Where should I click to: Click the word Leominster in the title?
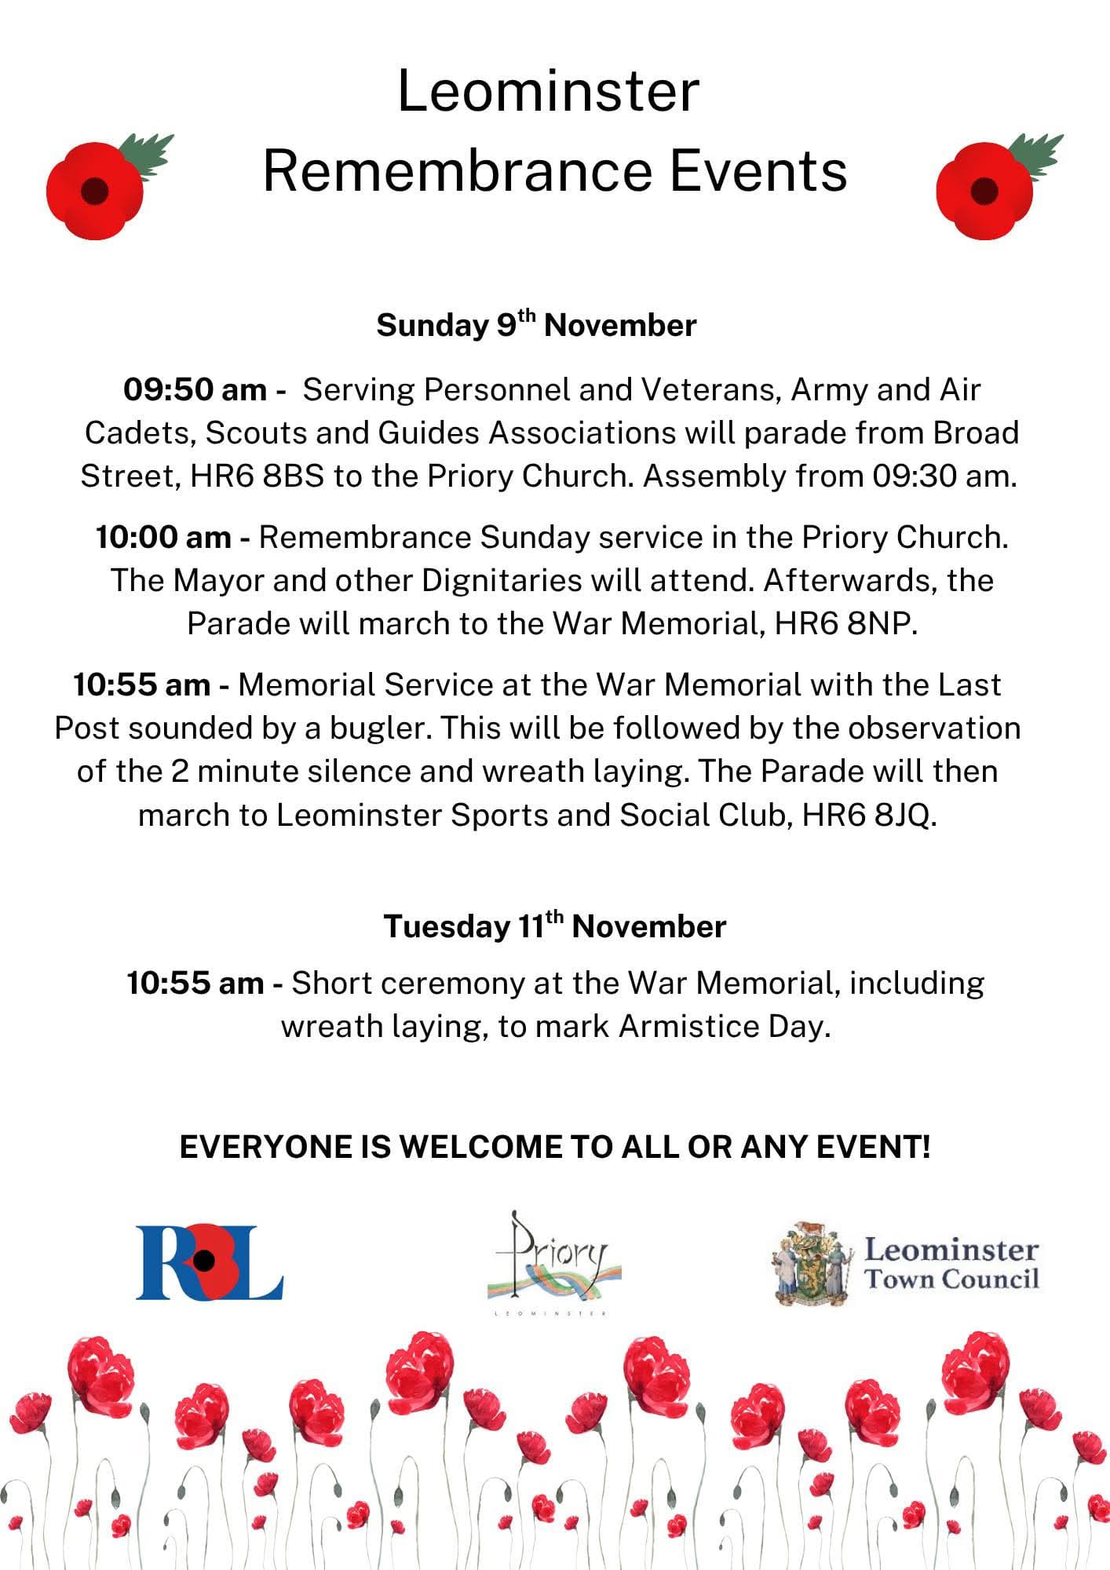(548, 92)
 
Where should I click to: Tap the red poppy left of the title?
(96, 190)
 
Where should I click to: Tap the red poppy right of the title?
(985, 190)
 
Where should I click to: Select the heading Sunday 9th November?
(536, 325)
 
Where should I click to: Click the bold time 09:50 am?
(195, 390)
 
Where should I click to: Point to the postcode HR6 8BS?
(257, 476)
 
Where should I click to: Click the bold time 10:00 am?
(163, 538)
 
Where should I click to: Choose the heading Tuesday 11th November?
(554, 926)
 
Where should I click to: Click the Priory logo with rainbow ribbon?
(553, 1260)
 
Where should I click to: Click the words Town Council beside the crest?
(951, 1280)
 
